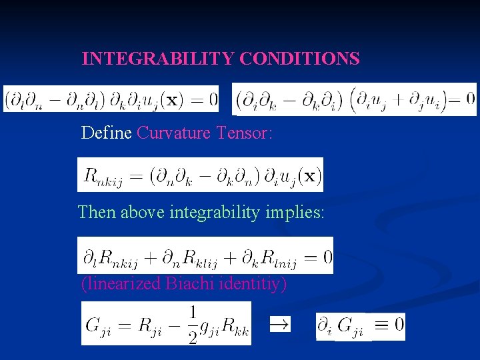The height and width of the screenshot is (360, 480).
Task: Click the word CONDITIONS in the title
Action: [299, 59]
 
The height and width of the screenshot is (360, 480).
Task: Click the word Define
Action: [106, 133]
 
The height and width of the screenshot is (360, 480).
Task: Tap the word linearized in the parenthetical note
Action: [123, 284]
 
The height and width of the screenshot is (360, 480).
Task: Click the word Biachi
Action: [193, 284]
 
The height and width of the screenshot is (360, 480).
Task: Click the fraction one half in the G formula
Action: [193, 324]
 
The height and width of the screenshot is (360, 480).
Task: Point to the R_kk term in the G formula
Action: [232, 326]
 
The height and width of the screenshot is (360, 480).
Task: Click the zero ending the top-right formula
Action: [470, 99]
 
